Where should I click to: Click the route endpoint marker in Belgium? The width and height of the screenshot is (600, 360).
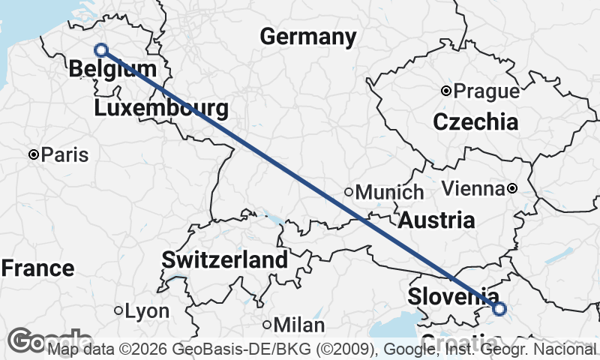101,50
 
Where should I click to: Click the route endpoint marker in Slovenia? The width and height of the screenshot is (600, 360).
499,307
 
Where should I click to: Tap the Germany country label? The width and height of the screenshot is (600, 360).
307,37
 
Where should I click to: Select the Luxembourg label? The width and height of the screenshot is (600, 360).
161,109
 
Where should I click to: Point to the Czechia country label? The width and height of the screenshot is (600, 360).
475,121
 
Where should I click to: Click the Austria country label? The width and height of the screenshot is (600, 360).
436,220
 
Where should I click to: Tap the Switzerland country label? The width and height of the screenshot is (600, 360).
225,260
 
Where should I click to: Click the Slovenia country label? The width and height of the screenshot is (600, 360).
453,296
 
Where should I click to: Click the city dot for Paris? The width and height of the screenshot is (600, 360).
34,154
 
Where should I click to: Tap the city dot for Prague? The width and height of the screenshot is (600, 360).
446,91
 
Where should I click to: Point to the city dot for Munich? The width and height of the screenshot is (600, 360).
349,192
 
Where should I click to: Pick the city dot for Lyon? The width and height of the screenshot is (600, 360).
118,310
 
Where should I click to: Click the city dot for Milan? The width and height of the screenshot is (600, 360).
268,325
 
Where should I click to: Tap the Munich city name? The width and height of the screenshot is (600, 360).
389,193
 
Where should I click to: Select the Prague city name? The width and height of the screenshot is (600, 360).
487,91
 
